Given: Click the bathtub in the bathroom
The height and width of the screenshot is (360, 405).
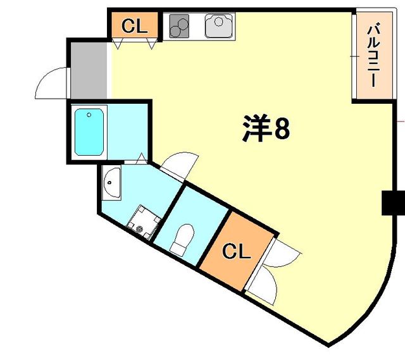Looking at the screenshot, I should (89, 132).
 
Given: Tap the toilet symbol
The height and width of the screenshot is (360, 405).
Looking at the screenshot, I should (183, 237).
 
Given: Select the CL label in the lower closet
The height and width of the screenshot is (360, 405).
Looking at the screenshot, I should (237, 252).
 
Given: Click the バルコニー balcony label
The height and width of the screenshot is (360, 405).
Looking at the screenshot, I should (373, 55).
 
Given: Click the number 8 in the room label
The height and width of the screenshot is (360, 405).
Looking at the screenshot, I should (282, 130).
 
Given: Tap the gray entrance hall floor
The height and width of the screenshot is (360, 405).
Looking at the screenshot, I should (89, 70).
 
